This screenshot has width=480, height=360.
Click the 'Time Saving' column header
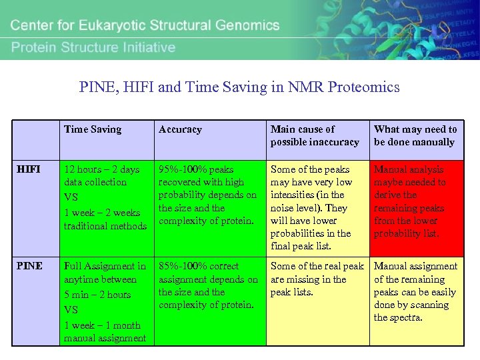[x=93, y=129]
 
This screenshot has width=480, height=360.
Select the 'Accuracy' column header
[x=180, y=129]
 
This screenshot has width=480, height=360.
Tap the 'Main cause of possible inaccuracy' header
[x=315, y=135]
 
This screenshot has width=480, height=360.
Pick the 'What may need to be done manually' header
[x=415, y=135]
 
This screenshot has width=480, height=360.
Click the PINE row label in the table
[x=30, y=266]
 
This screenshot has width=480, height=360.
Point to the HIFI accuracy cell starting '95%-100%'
[x=207, y=195]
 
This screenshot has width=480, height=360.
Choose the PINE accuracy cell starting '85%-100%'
[x=207, y=285]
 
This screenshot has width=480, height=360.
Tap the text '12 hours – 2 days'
[x=102, y=169]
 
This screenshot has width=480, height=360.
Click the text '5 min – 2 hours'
[x=97, y=295]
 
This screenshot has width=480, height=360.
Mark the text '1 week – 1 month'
[x=102, y=325]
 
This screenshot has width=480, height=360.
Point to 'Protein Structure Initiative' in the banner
[x=93, y=47]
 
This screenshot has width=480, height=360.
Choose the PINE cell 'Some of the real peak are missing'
[x=317, y=279]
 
